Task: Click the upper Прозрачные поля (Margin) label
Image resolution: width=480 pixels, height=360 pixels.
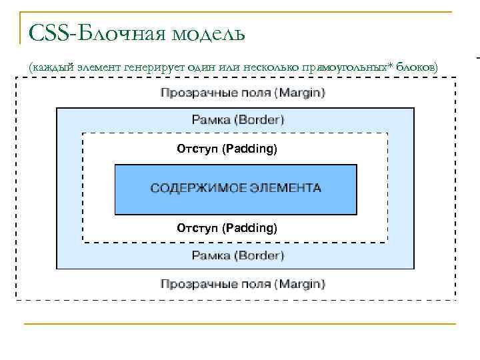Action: click(243, 93)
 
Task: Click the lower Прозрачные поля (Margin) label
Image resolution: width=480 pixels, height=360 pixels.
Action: click(243, 284)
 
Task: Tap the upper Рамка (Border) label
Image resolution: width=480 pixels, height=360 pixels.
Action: click(238, 120)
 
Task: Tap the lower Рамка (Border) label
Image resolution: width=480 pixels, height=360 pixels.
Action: click(238, 255)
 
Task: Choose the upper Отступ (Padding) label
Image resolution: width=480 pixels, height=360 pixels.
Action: click(227, 149)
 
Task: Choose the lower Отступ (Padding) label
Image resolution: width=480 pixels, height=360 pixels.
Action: click(227, 228)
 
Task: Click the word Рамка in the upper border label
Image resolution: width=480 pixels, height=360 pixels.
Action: click(210, 120)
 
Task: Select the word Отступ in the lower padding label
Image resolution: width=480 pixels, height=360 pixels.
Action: click(197, 228)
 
